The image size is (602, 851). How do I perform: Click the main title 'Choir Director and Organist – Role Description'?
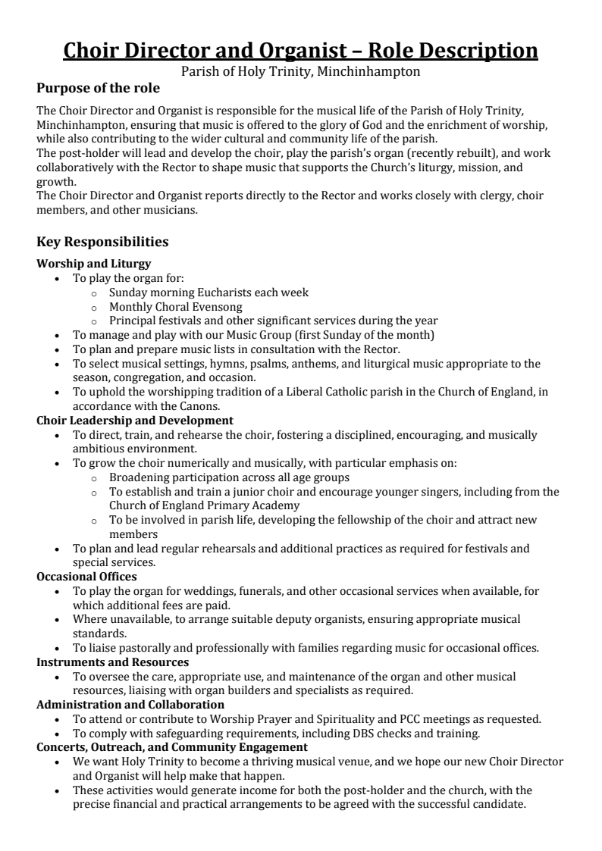[x=300, y=50]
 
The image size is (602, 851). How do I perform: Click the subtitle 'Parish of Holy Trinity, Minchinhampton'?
[x=300, y=72]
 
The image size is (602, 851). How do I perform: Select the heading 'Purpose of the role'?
[x=99, y=89]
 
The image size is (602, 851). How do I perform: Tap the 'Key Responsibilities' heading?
[x=102, y=242]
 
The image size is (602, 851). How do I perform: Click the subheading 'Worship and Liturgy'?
[x=93, y=264]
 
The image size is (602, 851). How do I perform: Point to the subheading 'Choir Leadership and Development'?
[x=135, y=420]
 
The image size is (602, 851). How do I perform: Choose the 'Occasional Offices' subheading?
[x=87, y=576]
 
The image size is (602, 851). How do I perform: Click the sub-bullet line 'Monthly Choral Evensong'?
[x=176, y=306]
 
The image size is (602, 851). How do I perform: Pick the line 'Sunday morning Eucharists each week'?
[x=209, y=292]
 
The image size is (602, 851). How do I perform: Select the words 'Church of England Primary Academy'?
[x=204, y=505]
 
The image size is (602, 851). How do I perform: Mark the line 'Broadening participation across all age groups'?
[x=229, y=477]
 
